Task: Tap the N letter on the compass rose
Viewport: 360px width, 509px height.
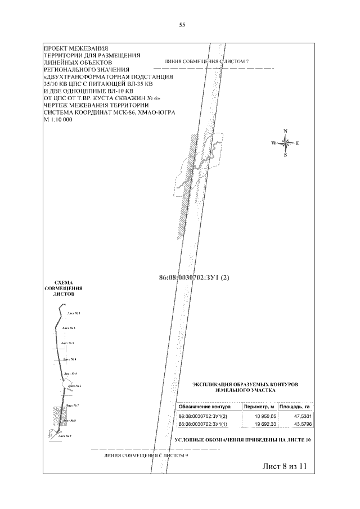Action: click(286, 132)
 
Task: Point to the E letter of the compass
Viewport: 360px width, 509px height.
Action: click(298, 143)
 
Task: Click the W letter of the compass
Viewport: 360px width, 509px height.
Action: click(274, 143)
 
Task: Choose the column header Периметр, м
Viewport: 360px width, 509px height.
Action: click(256, 406)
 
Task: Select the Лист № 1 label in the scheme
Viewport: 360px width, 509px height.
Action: click(73, 313)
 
